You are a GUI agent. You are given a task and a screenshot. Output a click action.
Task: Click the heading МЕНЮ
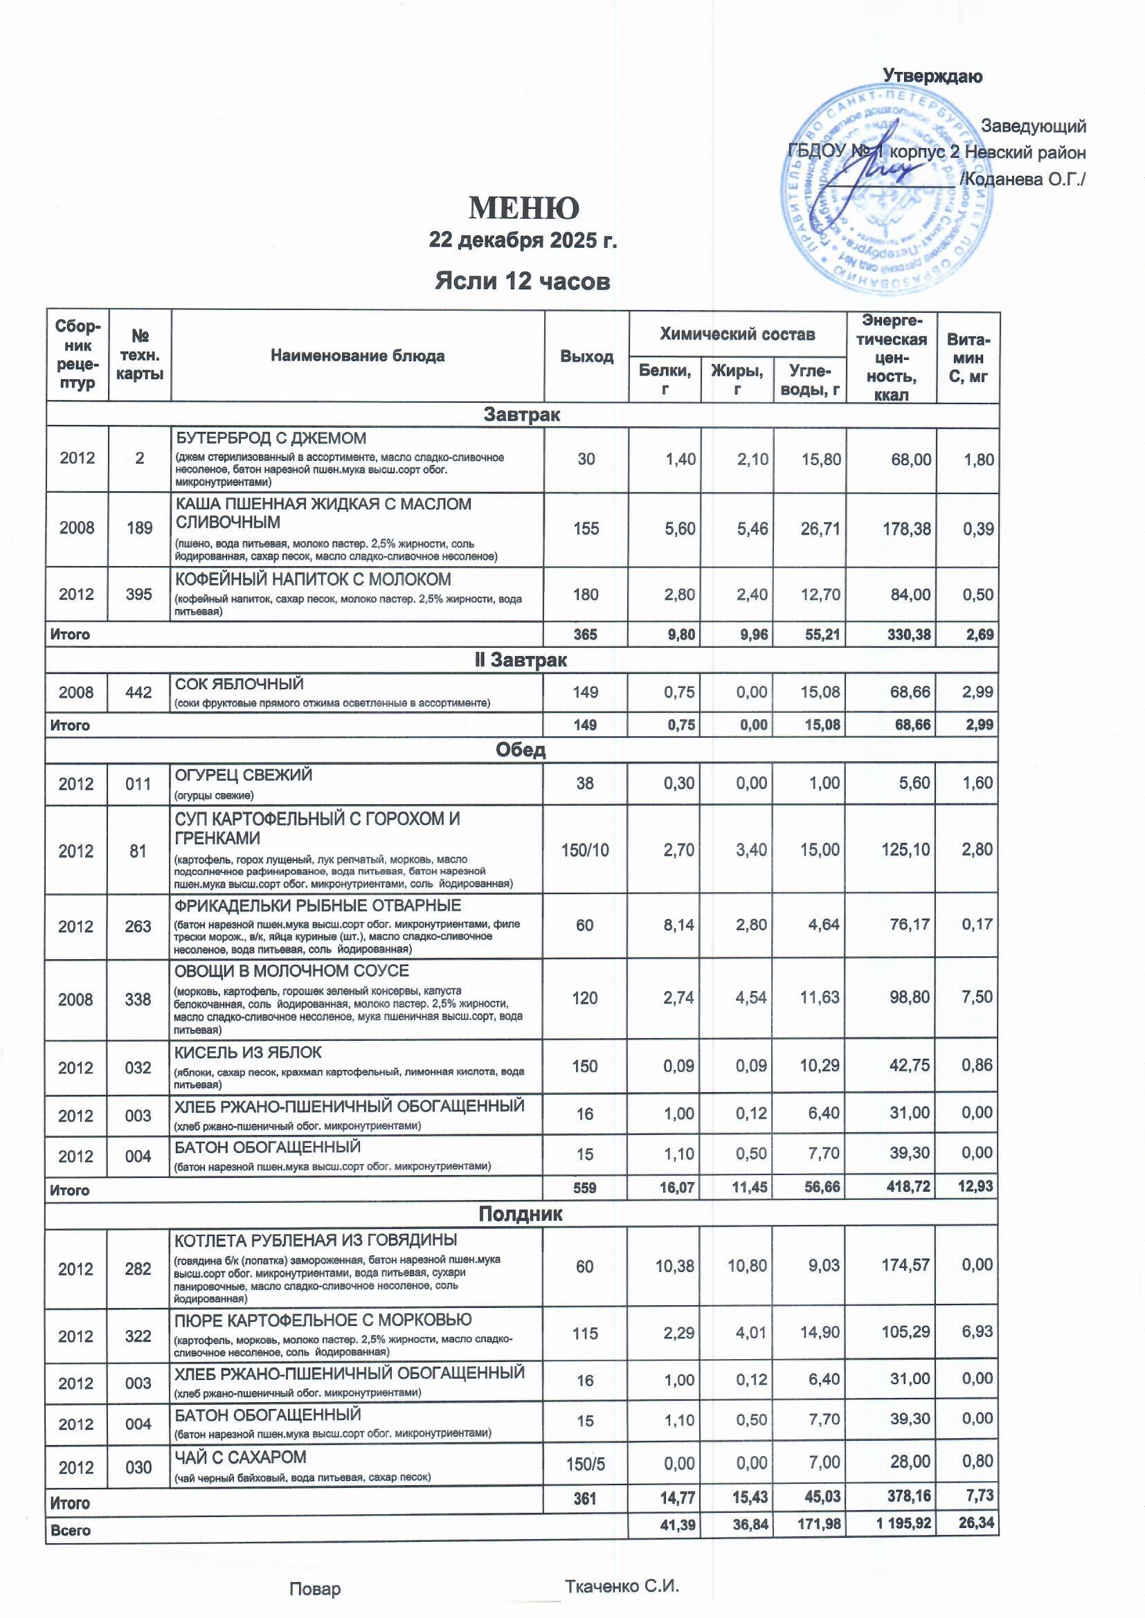[524, 208]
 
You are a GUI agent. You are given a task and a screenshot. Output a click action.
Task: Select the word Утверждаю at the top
[932, 76]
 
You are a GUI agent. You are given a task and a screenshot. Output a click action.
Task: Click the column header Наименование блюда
[357, 356]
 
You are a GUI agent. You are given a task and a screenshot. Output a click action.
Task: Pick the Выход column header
[586, 356]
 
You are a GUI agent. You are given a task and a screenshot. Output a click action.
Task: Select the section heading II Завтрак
[522, 660]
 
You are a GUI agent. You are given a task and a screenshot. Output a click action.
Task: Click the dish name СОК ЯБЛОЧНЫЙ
[239, 684]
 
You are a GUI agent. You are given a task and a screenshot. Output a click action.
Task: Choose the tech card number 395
[140, 594]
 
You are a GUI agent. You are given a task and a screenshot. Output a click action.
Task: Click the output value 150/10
[585, 850]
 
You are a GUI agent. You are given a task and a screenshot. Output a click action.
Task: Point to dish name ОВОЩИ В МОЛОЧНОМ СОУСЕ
[292, 971]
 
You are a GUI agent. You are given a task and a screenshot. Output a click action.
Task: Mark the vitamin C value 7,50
[978, 997]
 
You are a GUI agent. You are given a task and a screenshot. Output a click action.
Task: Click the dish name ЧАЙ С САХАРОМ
[240, 1457]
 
